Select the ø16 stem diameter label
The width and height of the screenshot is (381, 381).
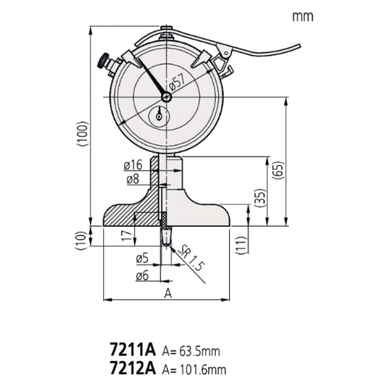coord(132,166)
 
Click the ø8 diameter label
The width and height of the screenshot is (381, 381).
coord(132,179)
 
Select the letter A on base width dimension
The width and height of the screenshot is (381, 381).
coord(166,293)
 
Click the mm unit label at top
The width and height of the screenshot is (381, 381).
coord(303,16)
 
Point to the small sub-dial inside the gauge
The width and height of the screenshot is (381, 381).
coord(159,116)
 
